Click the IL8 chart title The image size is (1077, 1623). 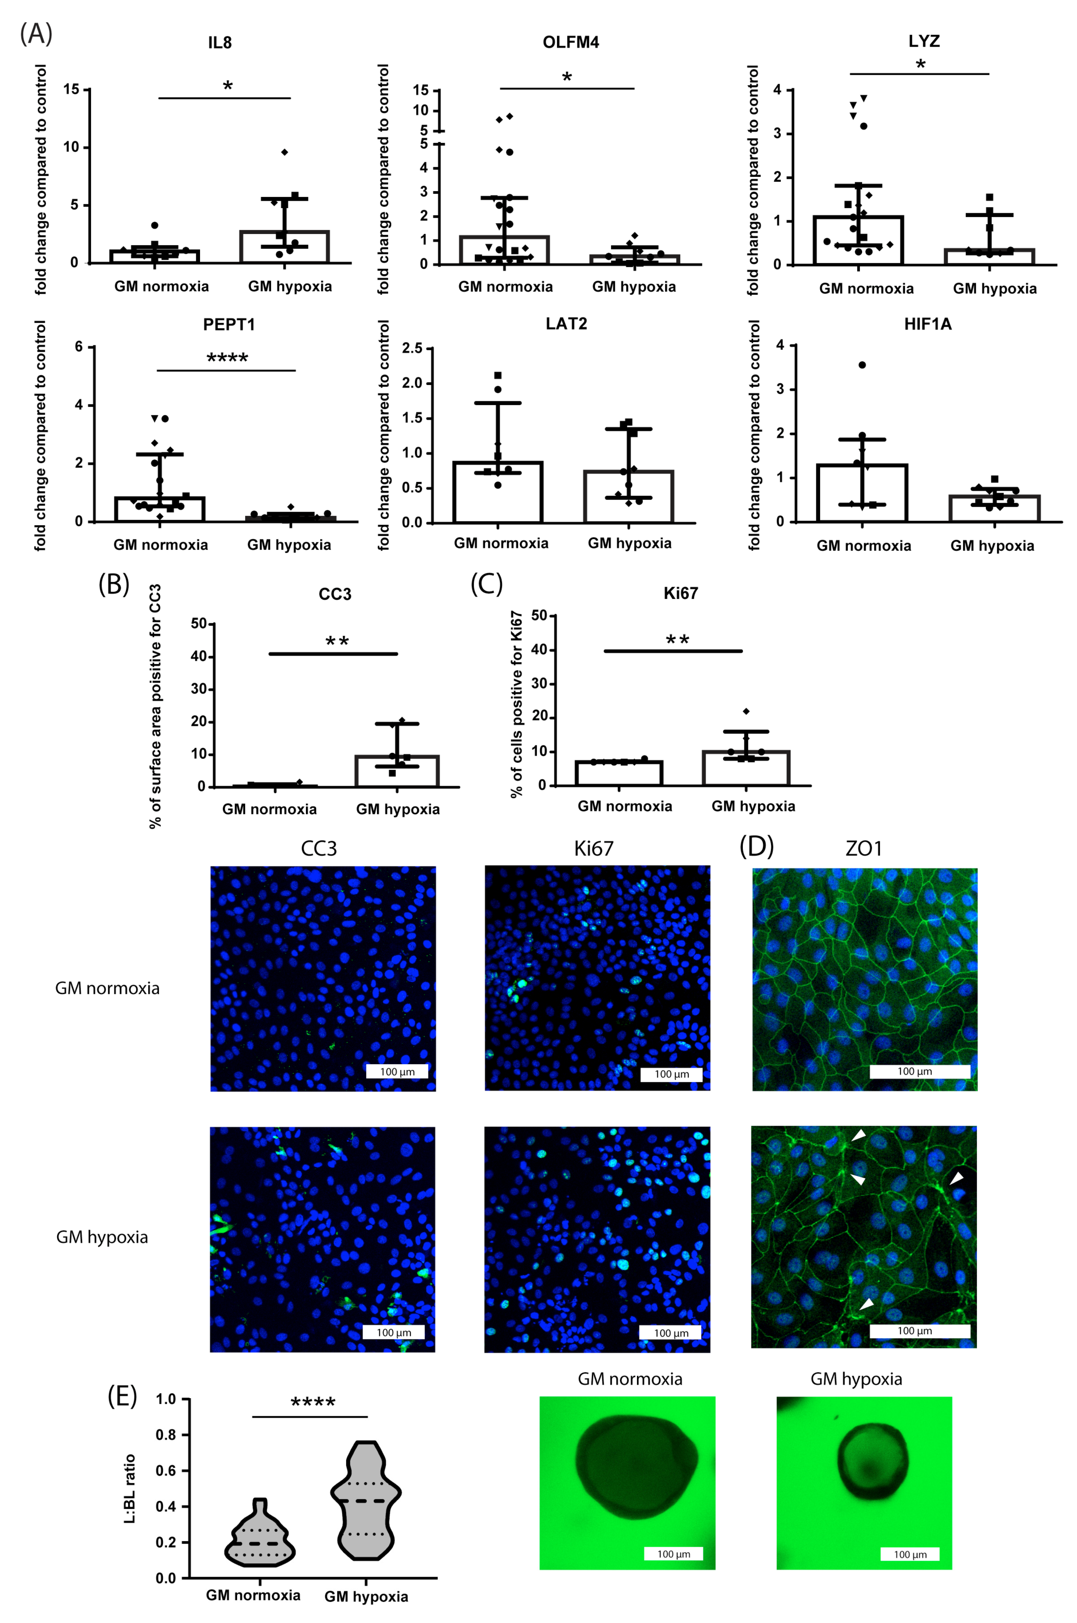(220, 42)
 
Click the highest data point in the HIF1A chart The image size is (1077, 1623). (862, 365)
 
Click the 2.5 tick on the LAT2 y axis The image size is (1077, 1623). (412, 348)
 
